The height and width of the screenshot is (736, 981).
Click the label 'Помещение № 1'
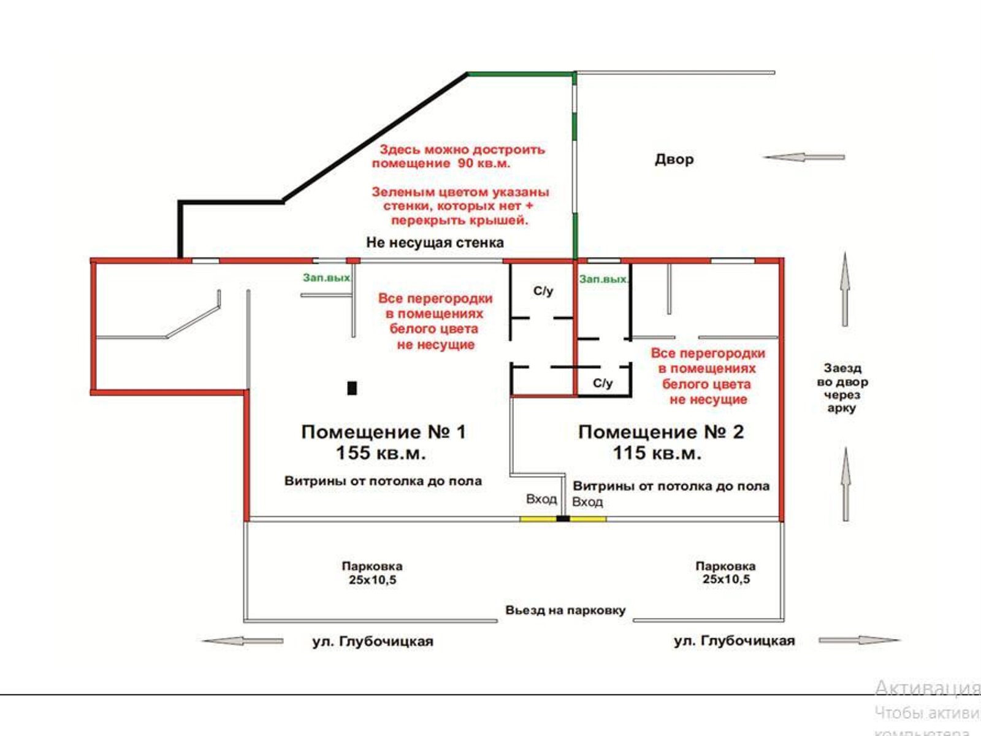384,432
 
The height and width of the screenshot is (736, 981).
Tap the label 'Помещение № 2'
661,432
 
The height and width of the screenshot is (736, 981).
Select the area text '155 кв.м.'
380,453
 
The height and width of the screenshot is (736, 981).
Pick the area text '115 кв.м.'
657,453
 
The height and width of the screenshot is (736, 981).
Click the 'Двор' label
674,159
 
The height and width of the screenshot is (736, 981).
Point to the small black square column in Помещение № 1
352,388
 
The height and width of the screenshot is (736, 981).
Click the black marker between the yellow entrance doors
563,519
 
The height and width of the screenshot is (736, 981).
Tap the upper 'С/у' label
543,291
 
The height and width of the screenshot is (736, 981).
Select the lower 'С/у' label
603,383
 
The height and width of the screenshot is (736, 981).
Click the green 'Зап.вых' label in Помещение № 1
326,278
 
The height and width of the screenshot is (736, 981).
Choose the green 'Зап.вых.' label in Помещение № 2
604,279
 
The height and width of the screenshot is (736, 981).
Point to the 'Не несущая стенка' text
435,242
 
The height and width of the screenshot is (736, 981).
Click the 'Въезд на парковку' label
565,610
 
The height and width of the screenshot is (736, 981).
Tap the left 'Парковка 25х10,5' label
372,573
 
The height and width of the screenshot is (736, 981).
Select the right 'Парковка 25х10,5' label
725,573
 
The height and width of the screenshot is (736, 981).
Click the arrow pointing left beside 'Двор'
803,158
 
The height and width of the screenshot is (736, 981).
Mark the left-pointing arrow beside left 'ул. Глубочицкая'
242,641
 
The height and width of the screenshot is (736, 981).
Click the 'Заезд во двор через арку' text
842,388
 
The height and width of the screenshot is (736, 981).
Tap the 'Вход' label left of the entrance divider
541,499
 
